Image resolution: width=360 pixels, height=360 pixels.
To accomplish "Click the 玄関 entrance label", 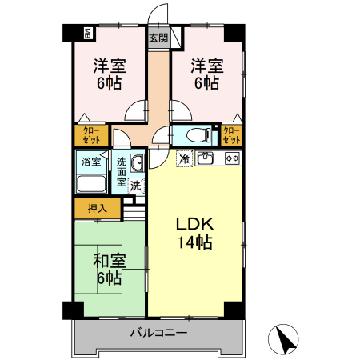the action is point(158,38).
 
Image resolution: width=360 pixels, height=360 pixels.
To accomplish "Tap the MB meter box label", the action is point(88,34).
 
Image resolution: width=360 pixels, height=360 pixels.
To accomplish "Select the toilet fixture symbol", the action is point(198,135).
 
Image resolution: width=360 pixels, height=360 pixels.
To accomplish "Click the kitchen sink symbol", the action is point(205,158).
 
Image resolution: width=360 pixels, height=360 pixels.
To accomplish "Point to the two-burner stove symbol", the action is point(233,158).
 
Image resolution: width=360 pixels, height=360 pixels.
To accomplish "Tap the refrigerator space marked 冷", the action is point(185,158).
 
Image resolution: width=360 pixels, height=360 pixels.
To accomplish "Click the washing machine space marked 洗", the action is point(136,186).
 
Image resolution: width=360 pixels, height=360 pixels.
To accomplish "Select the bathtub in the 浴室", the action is point(91,183).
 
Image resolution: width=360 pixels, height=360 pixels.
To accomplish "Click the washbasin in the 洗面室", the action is point(137,163).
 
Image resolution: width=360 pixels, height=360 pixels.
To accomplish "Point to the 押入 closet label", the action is point(98,209).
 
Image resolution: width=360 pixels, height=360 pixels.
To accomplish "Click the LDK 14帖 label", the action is point(195,233).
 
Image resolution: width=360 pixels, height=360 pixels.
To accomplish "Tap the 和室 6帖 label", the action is point(110,270).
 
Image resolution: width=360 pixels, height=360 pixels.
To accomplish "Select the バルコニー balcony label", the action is point(159,333).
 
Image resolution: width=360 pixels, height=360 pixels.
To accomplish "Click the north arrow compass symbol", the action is point(283,339).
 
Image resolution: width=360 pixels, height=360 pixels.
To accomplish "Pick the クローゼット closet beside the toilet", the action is point(231,135).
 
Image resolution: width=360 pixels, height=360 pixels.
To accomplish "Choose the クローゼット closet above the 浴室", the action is point(91,135).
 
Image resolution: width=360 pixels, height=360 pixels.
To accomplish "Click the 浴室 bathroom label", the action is point(91,162).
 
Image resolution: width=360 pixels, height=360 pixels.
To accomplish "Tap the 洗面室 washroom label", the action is point(122,172).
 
